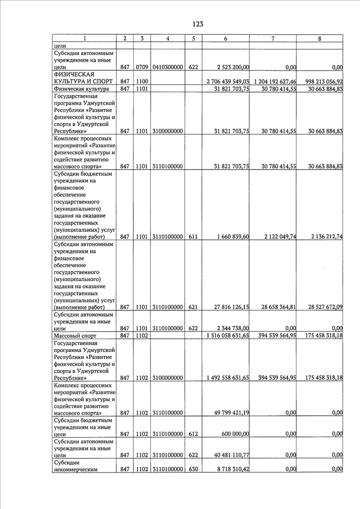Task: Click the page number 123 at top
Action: tap(197, 24)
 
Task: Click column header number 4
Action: tap(168, 38)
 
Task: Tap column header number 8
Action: tap(319, 38)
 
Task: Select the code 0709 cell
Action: tap(142, 67)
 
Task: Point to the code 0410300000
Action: tap(168, 67)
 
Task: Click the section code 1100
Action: tap(142, 82)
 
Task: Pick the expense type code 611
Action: tap(193, 237)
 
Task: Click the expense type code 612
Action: tap(193, 434)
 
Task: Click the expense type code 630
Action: tap(193, 469)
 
